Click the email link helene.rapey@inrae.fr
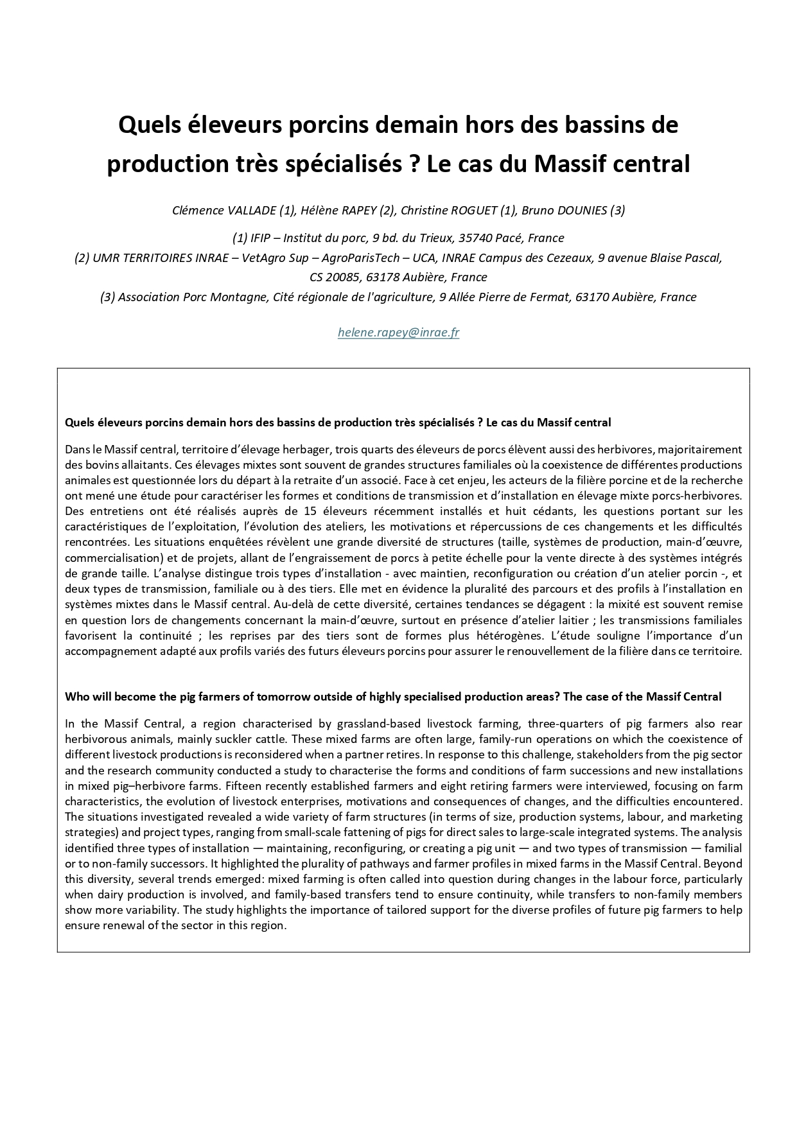click(398, 333)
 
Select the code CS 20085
click(334, 277)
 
